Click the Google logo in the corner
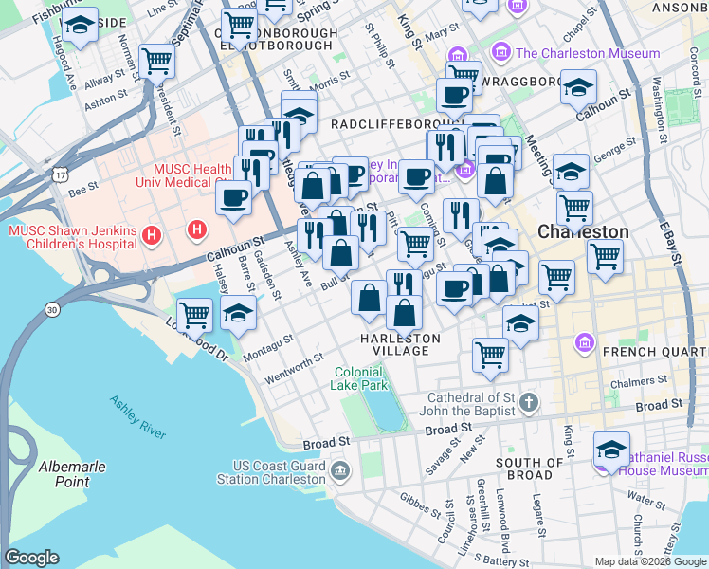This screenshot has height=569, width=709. (32, 558)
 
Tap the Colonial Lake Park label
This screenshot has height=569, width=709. (359, 379)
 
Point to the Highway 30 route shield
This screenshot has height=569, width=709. (50, 309)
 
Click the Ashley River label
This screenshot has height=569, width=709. (137, 416)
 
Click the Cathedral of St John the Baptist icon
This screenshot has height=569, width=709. (531, 404)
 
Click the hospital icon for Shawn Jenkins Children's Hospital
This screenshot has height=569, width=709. (150, 233)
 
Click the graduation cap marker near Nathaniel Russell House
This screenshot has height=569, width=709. (611, 450)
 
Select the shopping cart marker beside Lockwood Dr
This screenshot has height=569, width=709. (194, 313)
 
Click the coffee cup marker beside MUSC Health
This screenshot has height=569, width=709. (233, 197)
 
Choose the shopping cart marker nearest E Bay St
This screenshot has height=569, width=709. (605, 254)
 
